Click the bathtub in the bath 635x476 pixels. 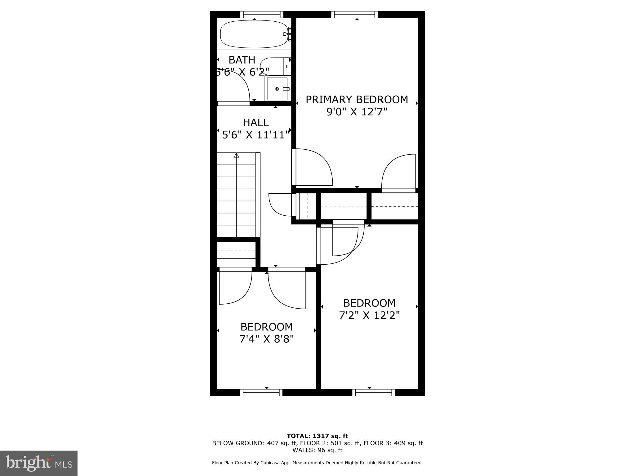pyautogui.click(x=254, y=34)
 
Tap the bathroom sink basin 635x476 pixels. pyautogui.click(x=277, y=89)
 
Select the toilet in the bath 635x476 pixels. pyautogui.click(x=274, y=66)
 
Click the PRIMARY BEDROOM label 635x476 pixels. pyautogui.click(x=357, y=99)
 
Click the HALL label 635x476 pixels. pyautogui.click(x=255, y=123)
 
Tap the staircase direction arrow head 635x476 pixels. pyautogui.click(x=237, y=156)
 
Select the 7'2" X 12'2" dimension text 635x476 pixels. pyautogui.click(x=369, y=315)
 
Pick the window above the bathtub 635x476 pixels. pyautogui.click(x=262, y=15)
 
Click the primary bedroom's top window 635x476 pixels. pyautogui.click(x=354, y=15)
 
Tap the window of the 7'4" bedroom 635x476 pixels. pyautogui.click(x=261, y=393)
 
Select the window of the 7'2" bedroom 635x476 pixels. pyautogui.click(x=374, y=393)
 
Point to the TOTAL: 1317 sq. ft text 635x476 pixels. pyautogui.click(x=317, y=436)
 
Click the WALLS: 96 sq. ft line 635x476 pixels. pyautogui.click(x=317, y=450)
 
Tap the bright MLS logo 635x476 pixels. pyautogui.click(x=39, y=463)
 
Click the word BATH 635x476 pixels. pyautogui.click(x=242, y=60)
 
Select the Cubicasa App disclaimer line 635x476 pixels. pyautogui.click(x=317, y=463)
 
